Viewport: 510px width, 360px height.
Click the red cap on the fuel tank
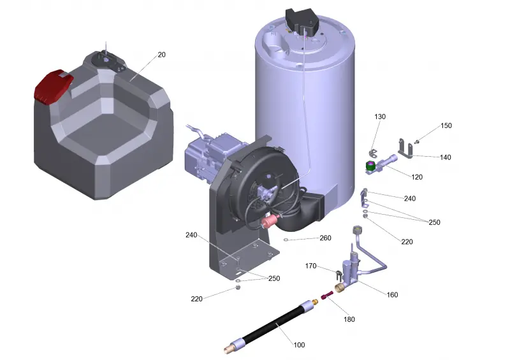tap(53, 86)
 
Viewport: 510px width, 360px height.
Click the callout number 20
tap(162, 55)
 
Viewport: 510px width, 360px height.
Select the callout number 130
tap(380, 117)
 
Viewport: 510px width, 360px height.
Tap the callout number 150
tap(446, 126)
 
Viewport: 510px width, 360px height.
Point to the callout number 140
tap(445, 157)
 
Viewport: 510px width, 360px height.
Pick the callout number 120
tap(417, 177)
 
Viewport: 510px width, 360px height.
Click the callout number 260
tap(325, 238)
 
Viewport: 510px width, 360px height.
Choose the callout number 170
tap(310, 266)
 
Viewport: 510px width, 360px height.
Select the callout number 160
tap(392, 294)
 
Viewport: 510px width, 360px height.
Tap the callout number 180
tap(349, 319)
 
